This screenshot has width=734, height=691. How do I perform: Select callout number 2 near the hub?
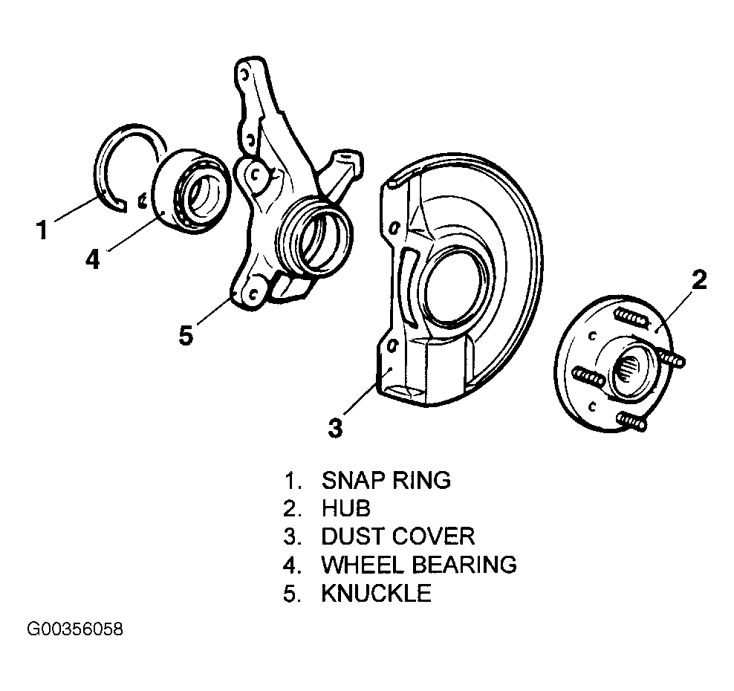[x=698, y=280]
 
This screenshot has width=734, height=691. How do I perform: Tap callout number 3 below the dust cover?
[x=335, y=428]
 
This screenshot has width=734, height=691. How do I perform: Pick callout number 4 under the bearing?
[x=93, y=259]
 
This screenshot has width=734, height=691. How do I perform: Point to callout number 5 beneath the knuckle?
[x=186, y=335]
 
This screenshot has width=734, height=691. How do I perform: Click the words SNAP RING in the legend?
[x=386, y=480]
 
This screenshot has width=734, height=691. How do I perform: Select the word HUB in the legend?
[x=346, y=508]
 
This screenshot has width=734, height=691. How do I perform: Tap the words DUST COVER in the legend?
[x=398, y=536]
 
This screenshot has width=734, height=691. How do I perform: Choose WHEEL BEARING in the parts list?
[x=419, y=565]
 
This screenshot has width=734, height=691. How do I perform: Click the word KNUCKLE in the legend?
[x=377, y=593]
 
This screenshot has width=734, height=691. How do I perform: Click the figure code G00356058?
[x=75, y=629]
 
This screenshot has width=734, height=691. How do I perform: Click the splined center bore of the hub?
[x=627, y=368]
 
